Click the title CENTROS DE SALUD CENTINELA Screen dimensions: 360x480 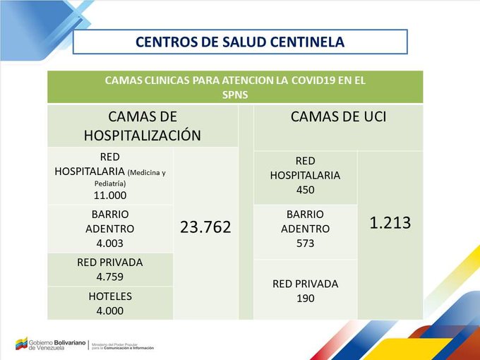[240, 42]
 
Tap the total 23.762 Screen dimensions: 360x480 [205, 227]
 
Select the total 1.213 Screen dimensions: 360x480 [390, 223]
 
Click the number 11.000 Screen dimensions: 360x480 [109, 194]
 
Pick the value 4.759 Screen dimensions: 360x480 [109, 276]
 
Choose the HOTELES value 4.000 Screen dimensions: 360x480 [109, 310]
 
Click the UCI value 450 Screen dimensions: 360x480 [305, 190]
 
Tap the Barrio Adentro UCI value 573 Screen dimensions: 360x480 [305, 244]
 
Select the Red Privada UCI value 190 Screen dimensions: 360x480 [305, 298]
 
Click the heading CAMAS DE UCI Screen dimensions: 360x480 [338, 117]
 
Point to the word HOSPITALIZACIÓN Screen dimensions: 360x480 [143, 136]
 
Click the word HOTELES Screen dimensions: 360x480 [109, 296]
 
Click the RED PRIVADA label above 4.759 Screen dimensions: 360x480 [109, 263]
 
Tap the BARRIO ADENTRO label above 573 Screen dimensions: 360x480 [305, 222]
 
